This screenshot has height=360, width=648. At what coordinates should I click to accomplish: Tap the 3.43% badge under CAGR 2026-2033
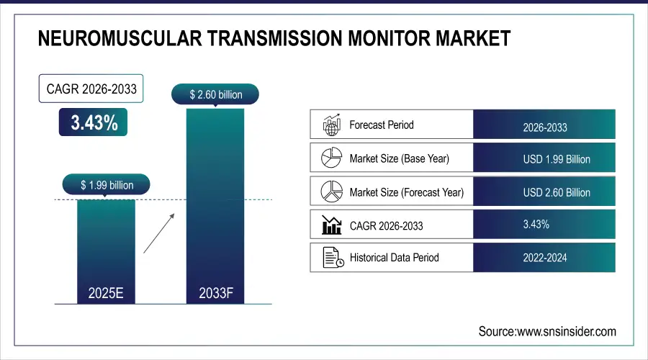94,123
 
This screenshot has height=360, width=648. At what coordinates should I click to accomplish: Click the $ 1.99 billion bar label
107,185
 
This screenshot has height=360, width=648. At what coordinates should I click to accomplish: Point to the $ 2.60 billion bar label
215,94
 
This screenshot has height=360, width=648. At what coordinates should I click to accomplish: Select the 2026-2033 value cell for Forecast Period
545,127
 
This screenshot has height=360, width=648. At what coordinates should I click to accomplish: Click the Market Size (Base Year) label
399,158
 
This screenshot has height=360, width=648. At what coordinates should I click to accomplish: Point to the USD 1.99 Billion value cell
556,159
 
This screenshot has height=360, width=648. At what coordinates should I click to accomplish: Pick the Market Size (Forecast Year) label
406,192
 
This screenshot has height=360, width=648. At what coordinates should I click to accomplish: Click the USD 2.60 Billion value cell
556,192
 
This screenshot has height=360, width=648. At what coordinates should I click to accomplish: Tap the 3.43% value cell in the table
536,225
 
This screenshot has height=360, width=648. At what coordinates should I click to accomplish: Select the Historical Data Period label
394,257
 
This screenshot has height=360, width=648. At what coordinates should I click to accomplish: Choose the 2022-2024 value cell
545,257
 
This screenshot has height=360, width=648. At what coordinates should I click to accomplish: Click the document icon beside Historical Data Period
331,257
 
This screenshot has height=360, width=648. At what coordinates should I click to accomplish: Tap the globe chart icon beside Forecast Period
331,125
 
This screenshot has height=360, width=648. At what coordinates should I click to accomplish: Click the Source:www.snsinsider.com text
547,331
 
